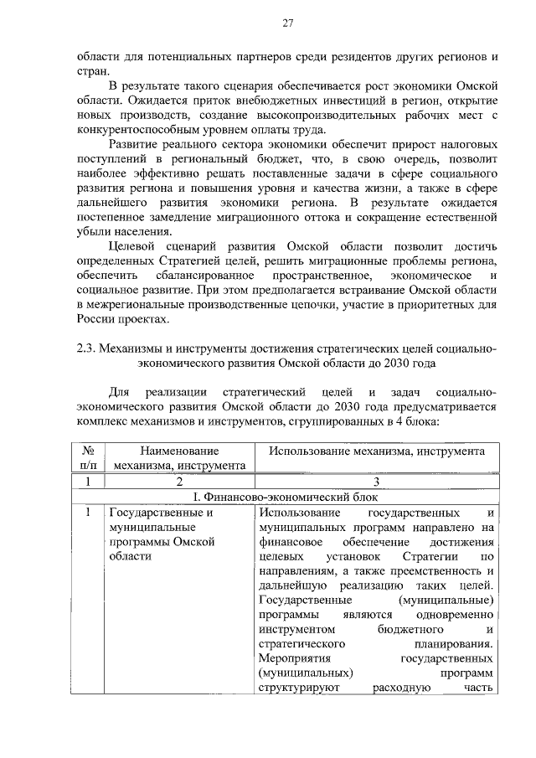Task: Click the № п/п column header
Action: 88,458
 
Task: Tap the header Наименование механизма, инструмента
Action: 179,458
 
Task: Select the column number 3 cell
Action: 377,482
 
